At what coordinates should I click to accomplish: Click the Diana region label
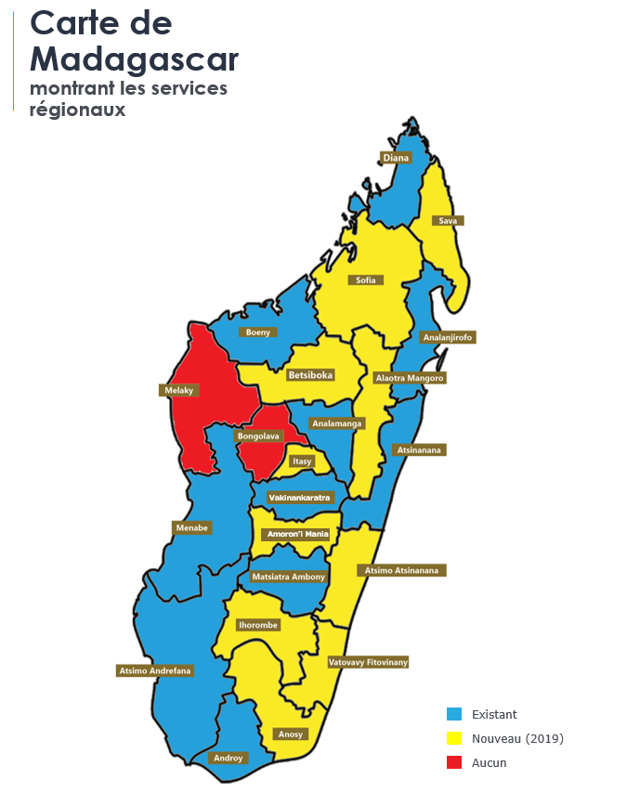click(396, 158)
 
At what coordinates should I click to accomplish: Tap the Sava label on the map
click(448, 221)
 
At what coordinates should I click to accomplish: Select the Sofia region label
click(365, 279)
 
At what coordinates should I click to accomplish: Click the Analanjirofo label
click(448, 338)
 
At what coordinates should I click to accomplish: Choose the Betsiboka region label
click(309, 375)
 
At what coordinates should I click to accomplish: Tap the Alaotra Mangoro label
click(410, 378)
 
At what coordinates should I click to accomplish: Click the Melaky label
click(179, 391)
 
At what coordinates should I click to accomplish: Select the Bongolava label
click(257, 435)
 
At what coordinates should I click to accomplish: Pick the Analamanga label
click(337, 423)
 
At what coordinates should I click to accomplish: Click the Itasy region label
click(302, 461)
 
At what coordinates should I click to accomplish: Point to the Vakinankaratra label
click(299, 498)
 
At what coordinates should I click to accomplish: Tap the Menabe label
click(192, 527)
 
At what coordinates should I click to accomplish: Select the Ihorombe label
click(258, 625)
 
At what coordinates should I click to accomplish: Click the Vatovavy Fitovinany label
click(368, 662)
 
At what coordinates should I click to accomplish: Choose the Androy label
click(228, 758)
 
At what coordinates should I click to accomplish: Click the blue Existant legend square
click(454, 714)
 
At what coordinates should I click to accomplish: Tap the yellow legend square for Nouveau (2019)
click(454, 738)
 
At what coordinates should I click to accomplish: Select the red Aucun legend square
click(454, 762)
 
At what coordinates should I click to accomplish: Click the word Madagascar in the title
click(134, 58)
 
